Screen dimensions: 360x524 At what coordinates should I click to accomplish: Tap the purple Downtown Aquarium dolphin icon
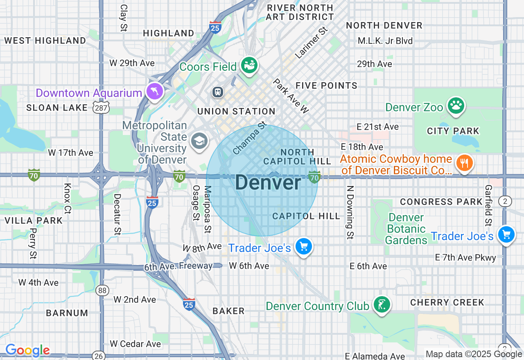(x=155, y=92)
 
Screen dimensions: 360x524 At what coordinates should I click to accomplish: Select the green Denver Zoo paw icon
(x=456, y=106)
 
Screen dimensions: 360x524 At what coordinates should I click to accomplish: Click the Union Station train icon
(x=218, y=92)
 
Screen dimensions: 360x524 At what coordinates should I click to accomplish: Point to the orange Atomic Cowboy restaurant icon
(x=464, y=163)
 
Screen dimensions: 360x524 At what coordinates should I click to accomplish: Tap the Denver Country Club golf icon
(x=382, y=305)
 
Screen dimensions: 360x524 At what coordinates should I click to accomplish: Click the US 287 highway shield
(x=100, y=108)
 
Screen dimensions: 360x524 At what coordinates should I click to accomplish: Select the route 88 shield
(x=102, y=290)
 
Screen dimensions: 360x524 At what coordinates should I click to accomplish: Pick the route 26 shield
(x=99, y=356)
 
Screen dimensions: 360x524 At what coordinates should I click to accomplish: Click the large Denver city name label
(x=268, y=182)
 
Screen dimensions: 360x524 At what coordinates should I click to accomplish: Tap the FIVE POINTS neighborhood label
(x=326, y=85)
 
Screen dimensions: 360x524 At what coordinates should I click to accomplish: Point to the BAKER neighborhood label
(x=228, y=311)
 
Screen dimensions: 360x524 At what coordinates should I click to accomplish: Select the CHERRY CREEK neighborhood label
(x=447, y=302)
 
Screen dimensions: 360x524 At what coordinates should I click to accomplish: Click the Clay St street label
(x=124, y=18)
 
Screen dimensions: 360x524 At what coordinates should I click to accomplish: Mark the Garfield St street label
(x=488, y=205)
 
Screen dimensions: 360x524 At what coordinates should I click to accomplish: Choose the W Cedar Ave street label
(x=136, y=344)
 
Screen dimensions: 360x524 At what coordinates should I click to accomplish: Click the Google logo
(x=27, y=351)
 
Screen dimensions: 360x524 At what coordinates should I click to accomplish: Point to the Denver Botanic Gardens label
(x=406, y=229)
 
